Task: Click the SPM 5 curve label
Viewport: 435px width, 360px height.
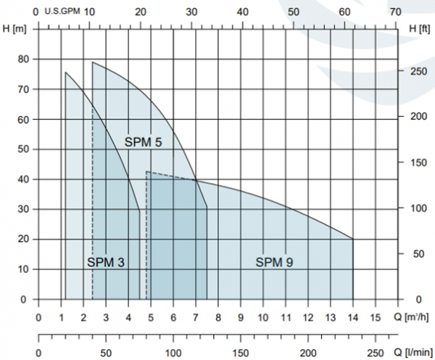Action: coord(142,142)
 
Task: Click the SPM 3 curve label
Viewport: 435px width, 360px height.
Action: coord(107,262)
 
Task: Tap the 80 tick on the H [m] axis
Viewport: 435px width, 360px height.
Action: coord(24,60)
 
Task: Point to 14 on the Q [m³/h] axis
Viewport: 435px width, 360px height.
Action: coord(353,316)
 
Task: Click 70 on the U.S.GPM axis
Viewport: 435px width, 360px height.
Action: coord(395,12)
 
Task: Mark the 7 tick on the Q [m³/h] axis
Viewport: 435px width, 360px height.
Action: coord(196,316)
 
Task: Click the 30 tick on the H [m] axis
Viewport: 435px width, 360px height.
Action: coord(24,209)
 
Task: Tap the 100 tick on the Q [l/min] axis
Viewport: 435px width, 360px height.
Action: coord(173,352)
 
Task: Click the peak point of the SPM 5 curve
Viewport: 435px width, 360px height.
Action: coord(93,62)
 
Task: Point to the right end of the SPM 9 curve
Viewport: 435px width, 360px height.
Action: coord(353,239)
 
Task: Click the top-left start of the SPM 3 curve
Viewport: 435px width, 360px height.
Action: coord(65,73)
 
